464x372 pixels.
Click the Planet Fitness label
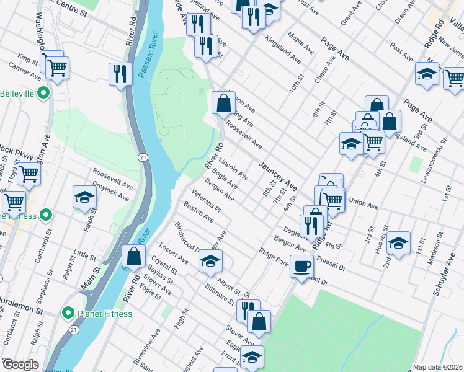[104, 313]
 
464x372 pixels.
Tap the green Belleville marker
[43, 94]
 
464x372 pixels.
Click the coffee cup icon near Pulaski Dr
[302, 267]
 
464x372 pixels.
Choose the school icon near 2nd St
[398, 244]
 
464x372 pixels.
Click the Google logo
[20, 365]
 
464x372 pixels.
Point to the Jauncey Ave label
[278, 175]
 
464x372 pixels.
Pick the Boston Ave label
[195, 215]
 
